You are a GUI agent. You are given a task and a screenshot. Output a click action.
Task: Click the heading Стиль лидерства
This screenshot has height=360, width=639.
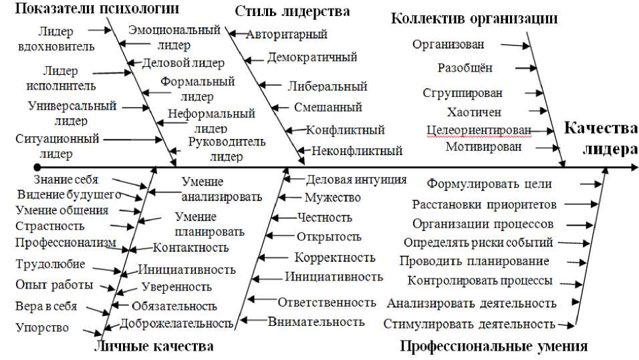click(293, 11)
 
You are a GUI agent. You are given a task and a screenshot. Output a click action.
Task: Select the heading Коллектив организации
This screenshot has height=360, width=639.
click(474, 18)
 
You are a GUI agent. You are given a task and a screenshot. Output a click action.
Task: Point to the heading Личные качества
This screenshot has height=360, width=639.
click(154, 346)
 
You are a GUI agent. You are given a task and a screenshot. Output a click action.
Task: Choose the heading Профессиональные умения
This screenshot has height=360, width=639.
click(493, 346)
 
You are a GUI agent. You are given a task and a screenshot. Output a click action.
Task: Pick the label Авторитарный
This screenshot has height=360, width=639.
click(287, 34)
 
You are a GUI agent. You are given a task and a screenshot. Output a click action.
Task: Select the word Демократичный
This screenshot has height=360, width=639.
click(312, 57)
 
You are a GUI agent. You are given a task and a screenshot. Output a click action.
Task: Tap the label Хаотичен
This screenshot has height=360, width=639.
click(474, 112)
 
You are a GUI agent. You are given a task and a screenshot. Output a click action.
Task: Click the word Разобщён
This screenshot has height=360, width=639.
click(465, 68)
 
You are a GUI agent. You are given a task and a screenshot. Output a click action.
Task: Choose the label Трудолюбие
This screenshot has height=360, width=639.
click(41, 264)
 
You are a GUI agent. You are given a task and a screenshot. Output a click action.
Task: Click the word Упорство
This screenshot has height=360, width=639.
click(42, 327)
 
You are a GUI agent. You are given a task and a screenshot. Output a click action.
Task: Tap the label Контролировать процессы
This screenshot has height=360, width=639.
click(480, 281)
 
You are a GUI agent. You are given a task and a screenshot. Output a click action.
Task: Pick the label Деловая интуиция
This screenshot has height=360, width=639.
click(356, 179)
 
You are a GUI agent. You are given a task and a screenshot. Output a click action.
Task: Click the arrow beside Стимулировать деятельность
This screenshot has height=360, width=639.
click(566, 325)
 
